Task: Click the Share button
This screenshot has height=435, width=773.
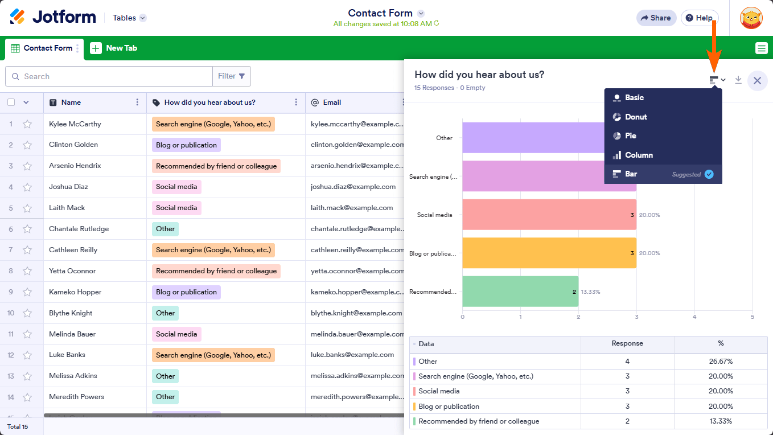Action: click(656, 18)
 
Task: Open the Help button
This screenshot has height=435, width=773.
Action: click(699, 18)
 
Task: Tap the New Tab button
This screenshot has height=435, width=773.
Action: click(114, 48)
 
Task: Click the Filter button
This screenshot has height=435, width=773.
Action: click(231, 76)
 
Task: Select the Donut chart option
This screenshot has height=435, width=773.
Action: click(635, 117)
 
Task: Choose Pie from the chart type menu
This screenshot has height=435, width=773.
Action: click(630, 136)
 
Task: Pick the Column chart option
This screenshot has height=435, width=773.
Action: click(638, 155)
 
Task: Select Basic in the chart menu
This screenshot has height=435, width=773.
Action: click(634, 97)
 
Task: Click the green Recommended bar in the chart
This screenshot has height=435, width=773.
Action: click(520, 292)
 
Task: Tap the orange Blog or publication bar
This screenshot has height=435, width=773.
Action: click(549, 253)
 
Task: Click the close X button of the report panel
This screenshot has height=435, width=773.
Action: click(757, 81)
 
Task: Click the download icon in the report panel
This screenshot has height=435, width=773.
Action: click(738, 80)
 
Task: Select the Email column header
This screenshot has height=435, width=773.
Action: click(332, 102)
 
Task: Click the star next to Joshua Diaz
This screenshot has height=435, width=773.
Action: click(27, 187)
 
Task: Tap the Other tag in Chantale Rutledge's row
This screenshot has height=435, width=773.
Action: click(165, 229)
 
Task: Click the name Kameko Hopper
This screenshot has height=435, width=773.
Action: click(75, 292)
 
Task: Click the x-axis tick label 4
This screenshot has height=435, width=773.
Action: click(694, 317)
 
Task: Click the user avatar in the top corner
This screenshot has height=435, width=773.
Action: click(751, 18)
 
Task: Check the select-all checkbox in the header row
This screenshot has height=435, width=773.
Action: click(11, 102)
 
